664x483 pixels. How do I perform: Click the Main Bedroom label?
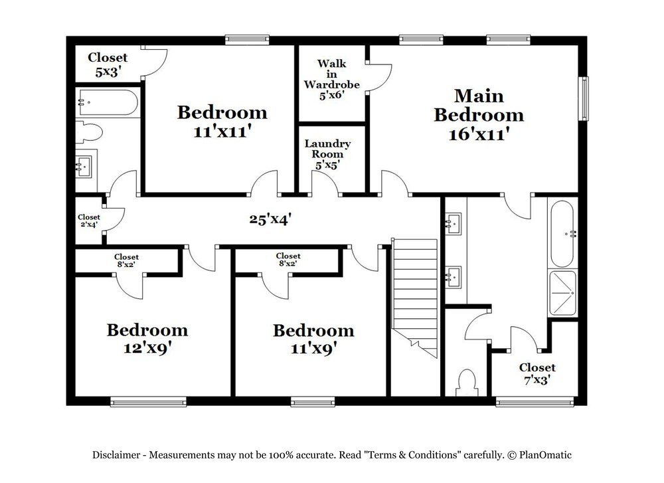coord(479,114)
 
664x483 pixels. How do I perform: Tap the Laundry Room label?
coord(327,154)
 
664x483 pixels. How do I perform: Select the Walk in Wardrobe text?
coord(331,79)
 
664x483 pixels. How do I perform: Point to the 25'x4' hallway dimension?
coord(270,219)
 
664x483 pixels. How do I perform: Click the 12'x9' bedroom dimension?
coord(147,348)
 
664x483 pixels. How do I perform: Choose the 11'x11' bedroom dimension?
coord(222,132)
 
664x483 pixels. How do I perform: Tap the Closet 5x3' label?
coord(108,64)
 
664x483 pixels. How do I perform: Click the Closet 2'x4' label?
coord(89,221)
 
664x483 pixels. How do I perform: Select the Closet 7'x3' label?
coord(537,373)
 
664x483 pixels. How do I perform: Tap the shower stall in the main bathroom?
coord(562,293)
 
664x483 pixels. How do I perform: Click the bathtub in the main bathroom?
coord(562,233)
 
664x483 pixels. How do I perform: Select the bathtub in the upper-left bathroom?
coord(108,102)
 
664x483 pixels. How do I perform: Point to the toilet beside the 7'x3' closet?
coord(467,382)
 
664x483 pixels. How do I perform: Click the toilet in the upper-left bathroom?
coord(89,132)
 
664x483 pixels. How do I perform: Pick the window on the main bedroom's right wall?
coord(584,98)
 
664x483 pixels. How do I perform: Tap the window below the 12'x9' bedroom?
coord(148,401)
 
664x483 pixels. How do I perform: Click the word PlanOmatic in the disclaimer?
coord(545,455)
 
